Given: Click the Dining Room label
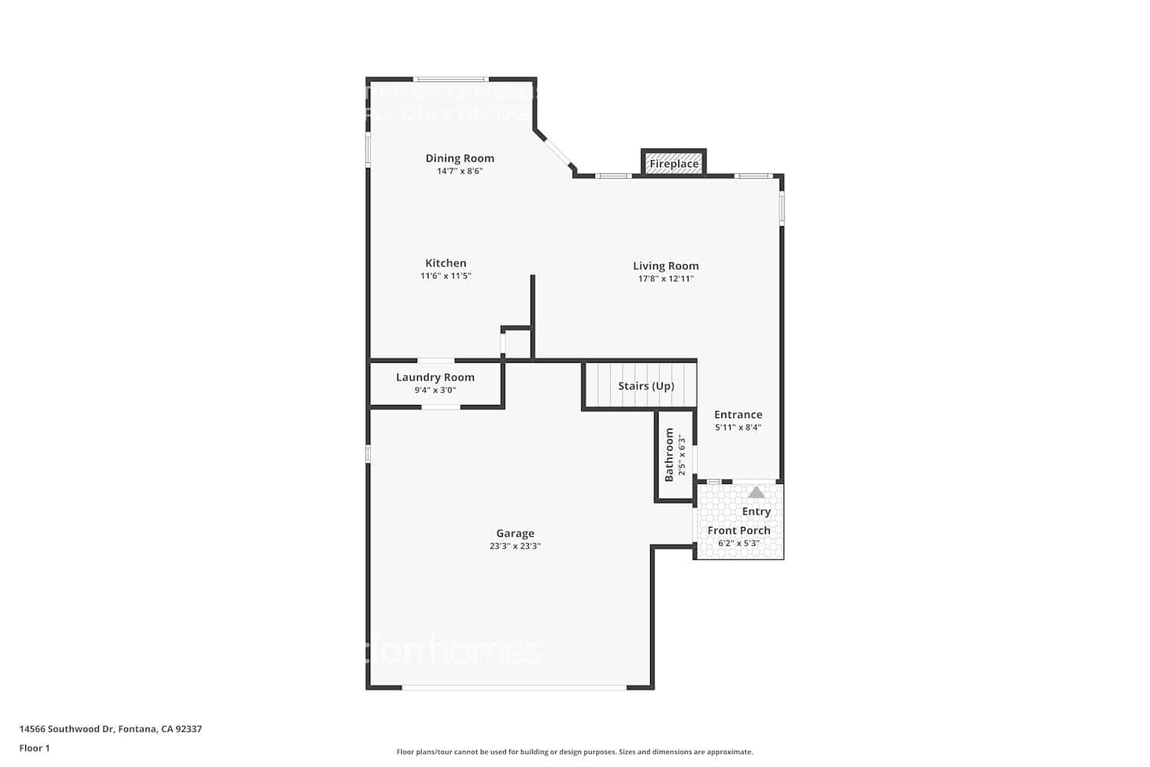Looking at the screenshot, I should (x=460, y=159).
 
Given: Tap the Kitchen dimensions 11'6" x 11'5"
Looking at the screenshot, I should (x=445, y=276).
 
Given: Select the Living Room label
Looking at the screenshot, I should (x=665, y=266).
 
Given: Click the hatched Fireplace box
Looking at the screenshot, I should (x=673, y=163).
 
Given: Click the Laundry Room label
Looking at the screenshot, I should (x=435, y=377).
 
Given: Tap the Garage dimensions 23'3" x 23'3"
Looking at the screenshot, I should (x=515, y=546).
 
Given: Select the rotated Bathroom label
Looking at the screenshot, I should (x=669, y=455).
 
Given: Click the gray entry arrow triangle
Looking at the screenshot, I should (x=756, y=492).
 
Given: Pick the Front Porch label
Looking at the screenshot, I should (x=738, y=531).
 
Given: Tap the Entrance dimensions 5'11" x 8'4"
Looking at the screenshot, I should (x=738, y=428).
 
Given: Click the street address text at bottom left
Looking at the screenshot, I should (x=110, y=729).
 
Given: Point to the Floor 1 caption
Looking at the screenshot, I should (x=34, y=749).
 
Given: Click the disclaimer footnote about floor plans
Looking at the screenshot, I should (x=574, y=752).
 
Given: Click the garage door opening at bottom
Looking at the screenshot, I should (x=514, y=687).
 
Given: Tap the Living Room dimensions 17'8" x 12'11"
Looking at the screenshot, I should (x=665, y=279).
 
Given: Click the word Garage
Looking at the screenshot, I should (x=515, y=533).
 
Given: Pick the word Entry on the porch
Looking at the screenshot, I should (x=756, y=512).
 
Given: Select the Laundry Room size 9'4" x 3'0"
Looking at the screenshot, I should (x=435, y=390).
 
